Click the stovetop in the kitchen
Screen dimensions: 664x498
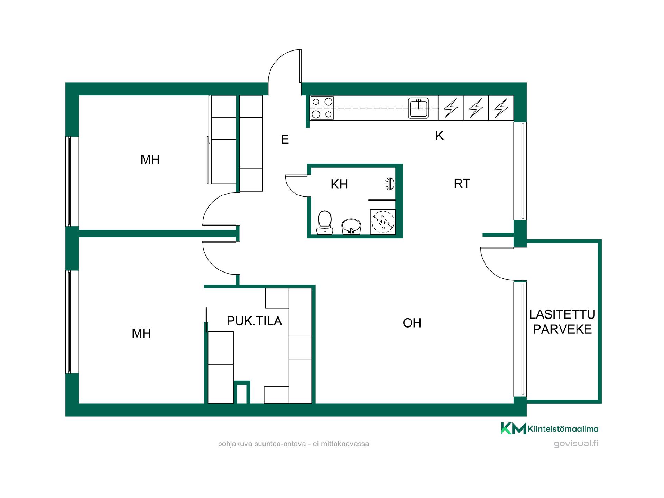(322, 108)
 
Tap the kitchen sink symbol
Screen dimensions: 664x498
(418, 108)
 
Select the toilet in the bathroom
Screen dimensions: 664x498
(325, 223)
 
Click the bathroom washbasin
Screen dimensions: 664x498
(351, 227)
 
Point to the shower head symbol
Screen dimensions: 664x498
(390, 184)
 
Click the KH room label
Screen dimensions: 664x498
(339, 184)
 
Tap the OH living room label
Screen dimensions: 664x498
(412, 323)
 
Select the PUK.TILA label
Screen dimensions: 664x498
(254, 321)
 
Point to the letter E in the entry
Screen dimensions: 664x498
(285, 139)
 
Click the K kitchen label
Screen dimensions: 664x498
(439, 136)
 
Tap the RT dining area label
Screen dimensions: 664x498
(462, 184)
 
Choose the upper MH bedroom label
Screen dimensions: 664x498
(150, 159)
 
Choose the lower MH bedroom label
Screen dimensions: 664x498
(141, 333)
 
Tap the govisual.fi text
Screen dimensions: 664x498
(576, 443)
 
